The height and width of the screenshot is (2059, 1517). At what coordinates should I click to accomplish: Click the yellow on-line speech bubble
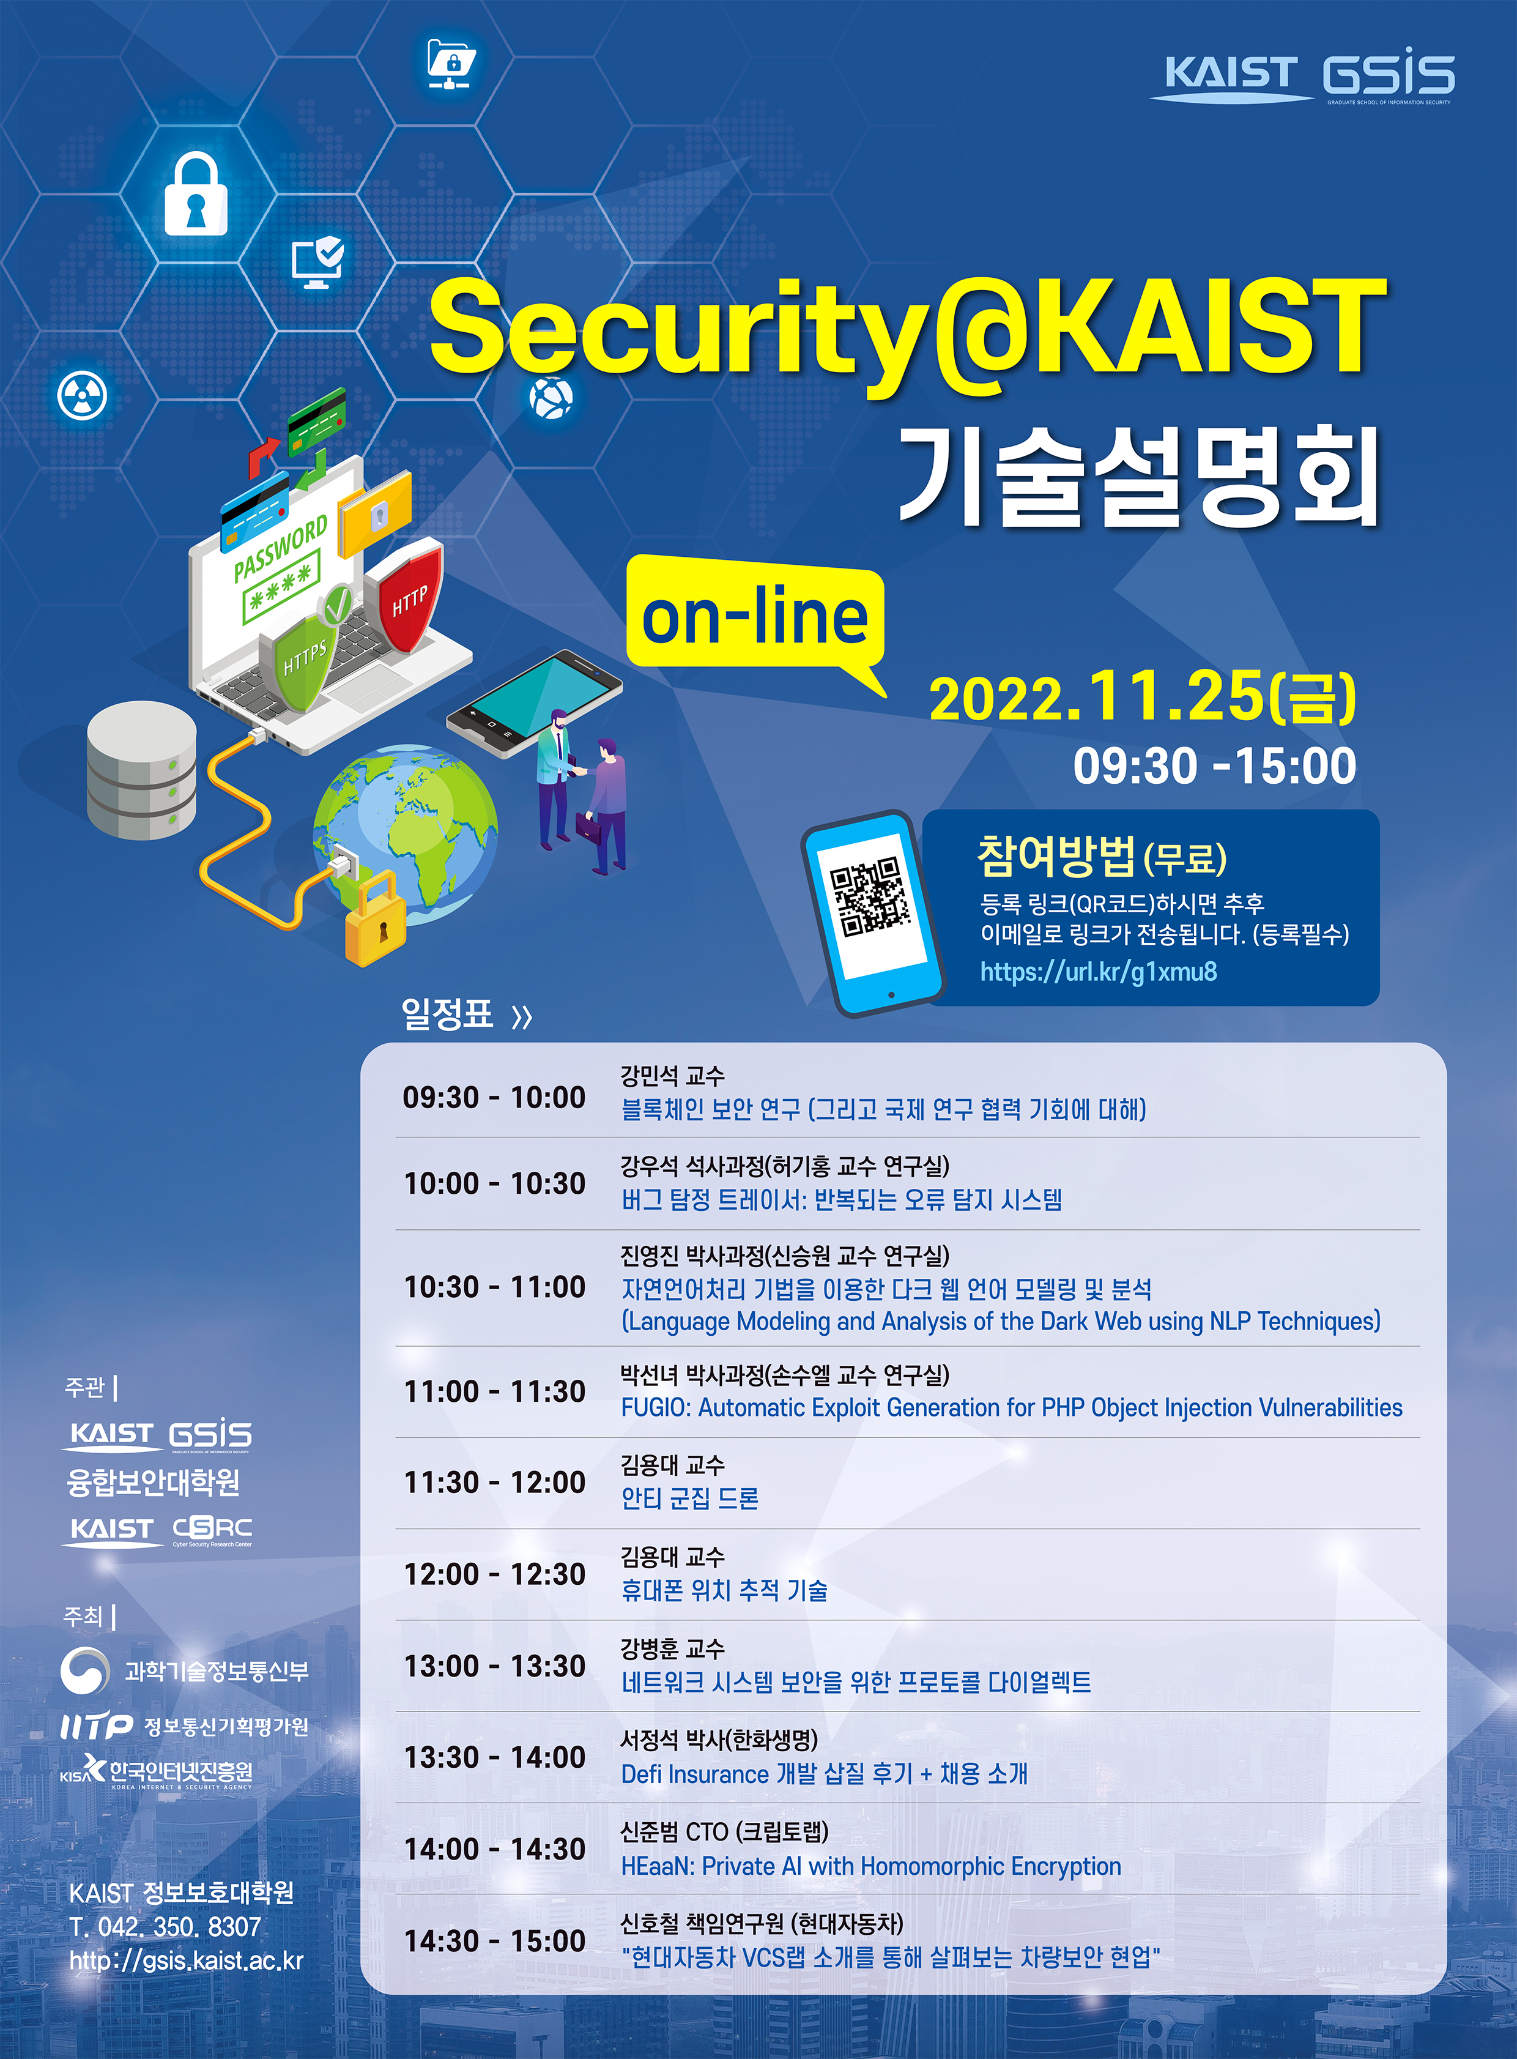coord(755,617)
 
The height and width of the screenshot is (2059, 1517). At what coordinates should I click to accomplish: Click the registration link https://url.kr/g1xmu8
coord(1098,972)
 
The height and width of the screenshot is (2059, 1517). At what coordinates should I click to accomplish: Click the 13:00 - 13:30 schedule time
coord(495,1666)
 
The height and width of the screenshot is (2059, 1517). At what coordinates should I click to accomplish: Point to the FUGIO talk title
coord(1012,1408)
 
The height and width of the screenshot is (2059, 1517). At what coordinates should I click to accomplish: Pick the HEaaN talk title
coord(872,1866)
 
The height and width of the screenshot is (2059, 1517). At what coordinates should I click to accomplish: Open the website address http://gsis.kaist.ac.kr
coord(187,1960)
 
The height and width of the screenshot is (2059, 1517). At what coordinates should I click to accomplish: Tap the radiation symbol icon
coord(83,396)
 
